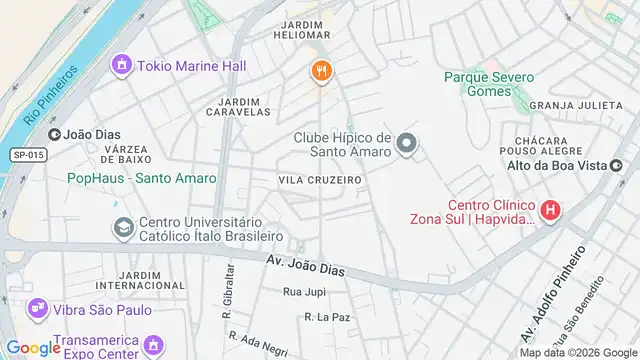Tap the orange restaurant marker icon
pos(320,70)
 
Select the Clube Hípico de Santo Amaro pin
pos(406,145)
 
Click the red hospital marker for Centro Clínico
pos(549,211)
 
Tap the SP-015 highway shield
pos(29,155)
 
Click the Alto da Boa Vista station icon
pos(617,166)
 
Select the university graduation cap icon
pos(123,228)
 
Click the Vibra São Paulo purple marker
pos(38,309)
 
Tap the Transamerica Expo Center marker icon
pos(153,346)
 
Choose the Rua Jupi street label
pos(305,292)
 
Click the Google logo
pos(33,347)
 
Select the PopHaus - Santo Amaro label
pos(141,178)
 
